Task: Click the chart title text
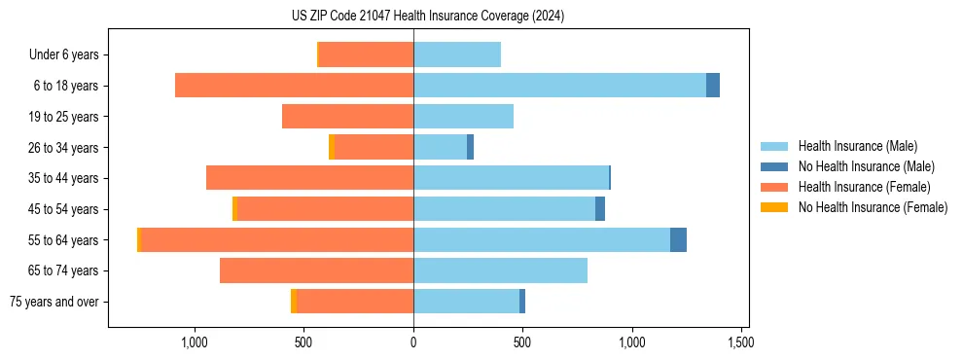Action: [428, 16]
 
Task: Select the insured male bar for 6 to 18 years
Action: [559, 86]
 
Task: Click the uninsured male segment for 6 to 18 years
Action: [713, 86]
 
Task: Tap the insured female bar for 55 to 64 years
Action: [277, 240]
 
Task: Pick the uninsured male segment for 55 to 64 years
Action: [678, 240]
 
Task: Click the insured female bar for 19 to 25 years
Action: [347, 117]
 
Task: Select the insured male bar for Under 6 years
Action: [457, 54]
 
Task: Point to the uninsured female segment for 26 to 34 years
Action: [332, 147]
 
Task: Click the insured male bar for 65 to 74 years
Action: [500, 270]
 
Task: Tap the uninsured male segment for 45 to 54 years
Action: [600, 209]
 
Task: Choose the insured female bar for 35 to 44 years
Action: [309, 178]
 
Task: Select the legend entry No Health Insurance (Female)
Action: [873, 207]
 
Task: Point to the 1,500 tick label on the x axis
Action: [743, 342]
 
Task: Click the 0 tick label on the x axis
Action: [413, 342]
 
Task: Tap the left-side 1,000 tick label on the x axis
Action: [195, 342]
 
